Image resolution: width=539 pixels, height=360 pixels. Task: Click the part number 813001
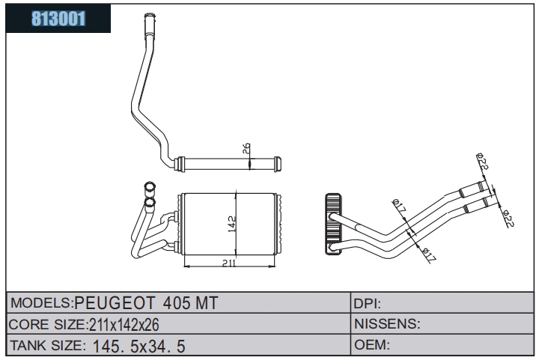58,19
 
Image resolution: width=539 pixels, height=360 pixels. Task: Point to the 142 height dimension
232,224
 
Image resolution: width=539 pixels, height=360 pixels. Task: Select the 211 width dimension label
229,263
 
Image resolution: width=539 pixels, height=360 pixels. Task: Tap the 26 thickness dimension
246,148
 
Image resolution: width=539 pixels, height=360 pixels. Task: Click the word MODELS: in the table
41,302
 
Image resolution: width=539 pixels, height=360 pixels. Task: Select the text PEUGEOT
115,303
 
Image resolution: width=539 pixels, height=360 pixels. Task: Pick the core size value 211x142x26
124,325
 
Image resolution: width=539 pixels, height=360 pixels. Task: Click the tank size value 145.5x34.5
139,347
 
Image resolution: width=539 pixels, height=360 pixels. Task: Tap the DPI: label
367,304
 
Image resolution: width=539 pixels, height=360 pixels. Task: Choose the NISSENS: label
387,324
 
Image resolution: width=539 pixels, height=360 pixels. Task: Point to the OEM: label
372,344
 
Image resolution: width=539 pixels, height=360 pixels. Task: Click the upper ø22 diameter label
483,161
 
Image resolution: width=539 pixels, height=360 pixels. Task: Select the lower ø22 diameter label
508,218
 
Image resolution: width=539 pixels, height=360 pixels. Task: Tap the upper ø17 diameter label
400,205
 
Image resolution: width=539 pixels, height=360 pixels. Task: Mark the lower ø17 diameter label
429,255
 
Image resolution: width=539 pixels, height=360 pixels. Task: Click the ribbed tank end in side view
333,224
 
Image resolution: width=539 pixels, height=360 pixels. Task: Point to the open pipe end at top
150,16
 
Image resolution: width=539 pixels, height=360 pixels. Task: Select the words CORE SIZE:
48,325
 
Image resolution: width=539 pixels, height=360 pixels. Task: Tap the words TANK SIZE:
48,346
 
